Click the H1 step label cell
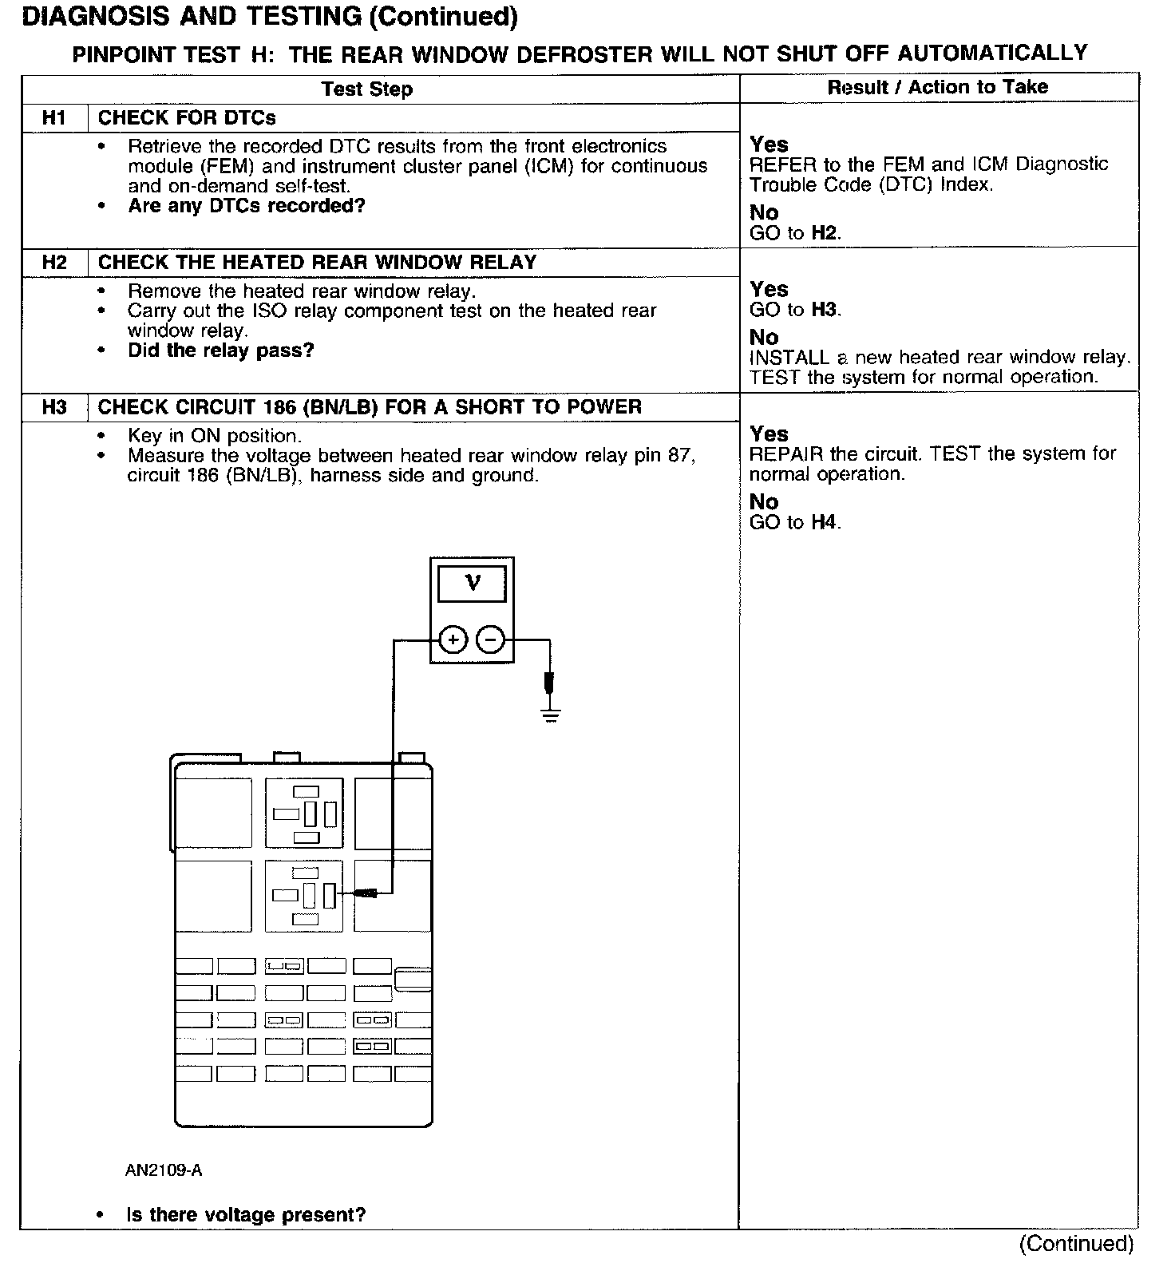53,118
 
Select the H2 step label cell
53,263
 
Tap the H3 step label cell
53,407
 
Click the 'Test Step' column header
367,89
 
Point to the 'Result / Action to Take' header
937,87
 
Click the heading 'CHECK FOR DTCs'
187,118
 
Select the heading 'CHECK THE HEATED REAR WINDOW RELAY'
317,263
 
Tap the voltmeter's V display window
472,584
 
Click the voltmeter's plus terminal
453,639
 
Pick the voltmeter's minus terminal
490,639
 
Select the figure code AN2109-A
163,1170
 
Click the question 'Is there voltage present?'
246,1214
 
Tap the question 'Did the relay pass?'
221,350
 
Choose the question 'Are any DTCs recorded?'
247,206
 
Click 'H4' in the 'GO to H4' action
825,522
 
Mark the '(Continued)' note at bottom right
1075,1243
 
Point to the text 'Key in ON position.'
214,436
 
